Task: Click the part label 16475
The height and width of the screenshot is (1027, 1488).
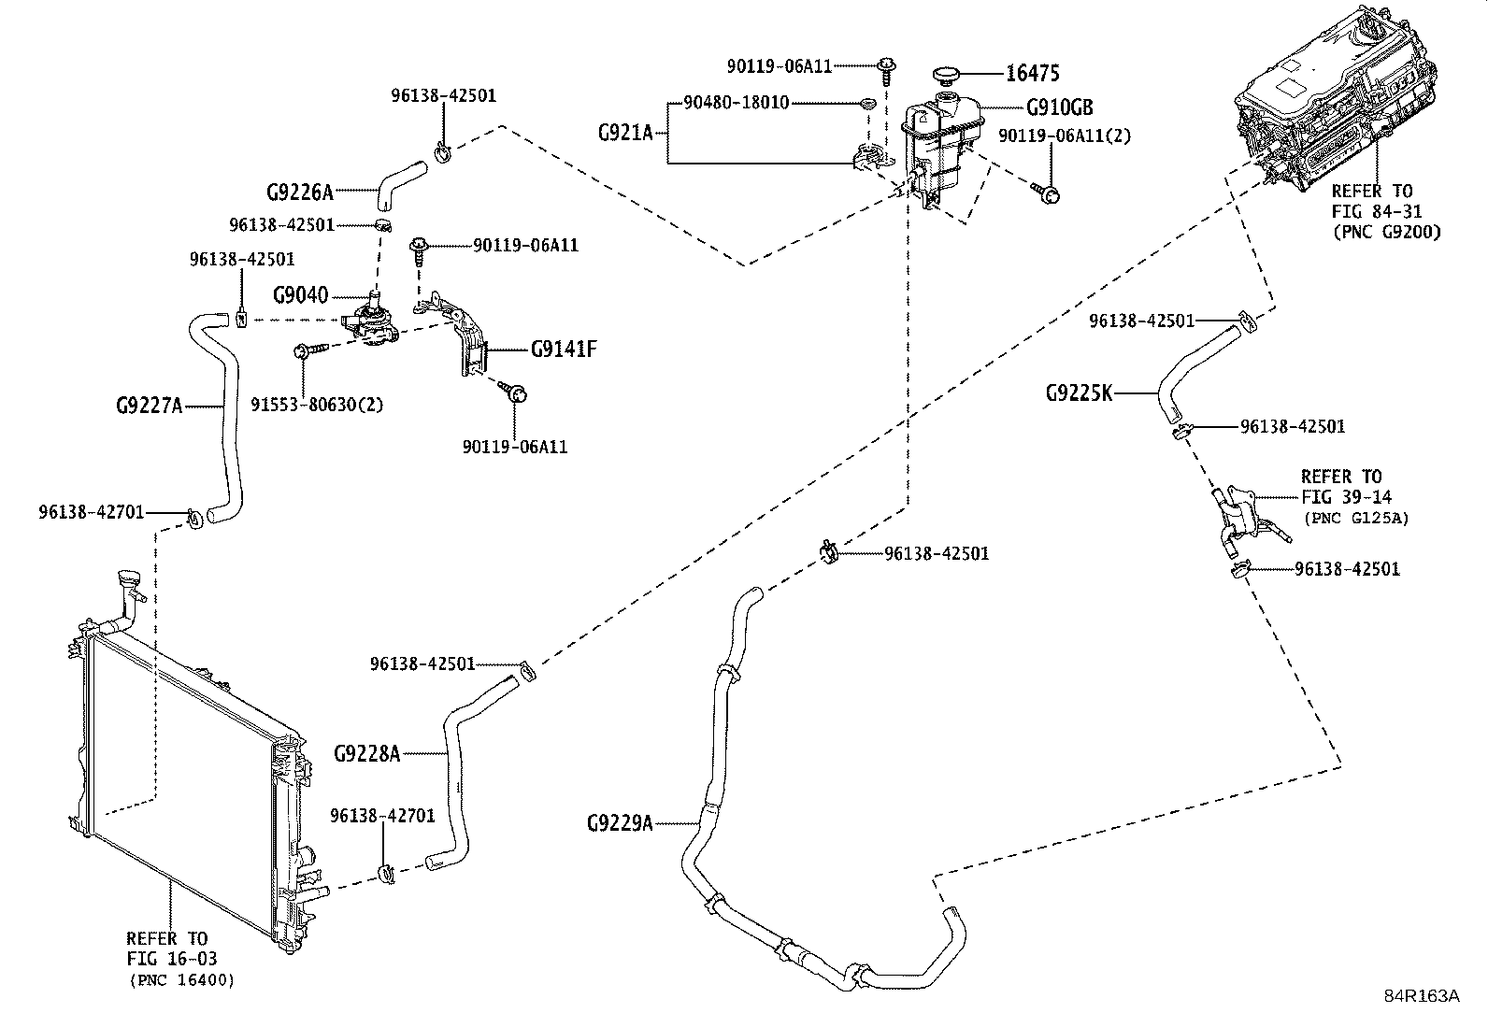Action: point(1032,73)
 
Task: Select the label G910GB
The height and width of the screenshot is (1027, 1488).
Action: point(1060,107)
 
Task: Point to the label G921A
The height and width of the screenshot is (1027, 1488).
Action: point(625,133)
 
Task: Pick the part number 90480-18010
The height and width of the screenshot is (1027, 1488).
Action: point(737,103)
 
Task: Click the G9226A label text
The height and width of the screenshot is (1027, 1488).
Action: point(300,192)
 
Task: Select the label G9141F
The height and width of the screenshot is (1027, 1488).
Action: point(564,349)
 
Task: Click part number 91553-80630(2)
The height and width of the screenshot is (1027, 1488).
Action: point(318,405)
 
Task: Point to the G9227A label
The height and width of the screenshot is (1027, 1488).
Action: point(149,406)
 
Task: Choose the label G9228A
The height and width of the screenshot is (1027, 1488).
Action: point(366,753)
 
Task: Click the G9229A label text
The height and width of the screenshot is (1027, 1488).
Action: point(620,823)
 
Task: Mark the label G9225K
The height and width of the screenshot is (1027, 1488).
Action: point(1079,393)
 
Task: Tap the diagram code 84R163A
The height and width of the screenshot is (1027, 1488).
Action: point(1422,996)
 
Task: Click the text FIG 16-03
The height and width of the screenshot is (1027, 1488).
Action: point(172,959)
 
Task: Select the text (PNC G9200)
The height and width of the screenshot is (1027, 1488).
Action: point(1387,233)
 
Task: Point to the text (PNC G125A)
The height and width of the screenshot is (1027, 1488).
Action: point(1356,518)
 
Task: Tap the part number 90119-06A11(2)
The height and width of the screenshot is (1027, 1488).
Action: point(1065,136)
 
